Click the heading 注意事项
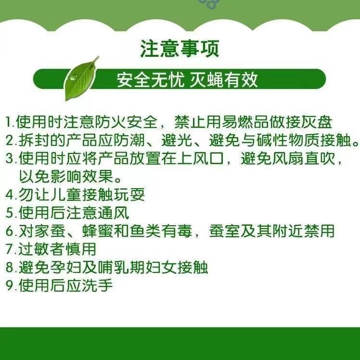click(180, 49)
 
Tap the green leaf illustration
click(81, 78)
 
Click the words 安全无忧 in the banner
click(151, 80)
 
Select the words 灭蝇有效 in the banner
click(224, 80)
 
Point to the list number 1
click(9, 122)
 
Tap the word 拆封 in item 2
click(34, 140)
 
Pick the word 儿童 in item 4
click(65, 194)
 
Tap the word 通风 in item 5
click(114, 213)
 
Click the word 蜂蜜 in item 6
click(97, 231)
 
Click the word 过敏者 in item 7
click(42, 249)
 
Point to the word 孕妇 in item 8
click(65, 267)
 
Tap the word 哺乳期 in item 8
click(121, 267)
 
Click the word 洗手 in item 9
click(97, 285)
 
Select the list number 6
click(10, 231)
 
